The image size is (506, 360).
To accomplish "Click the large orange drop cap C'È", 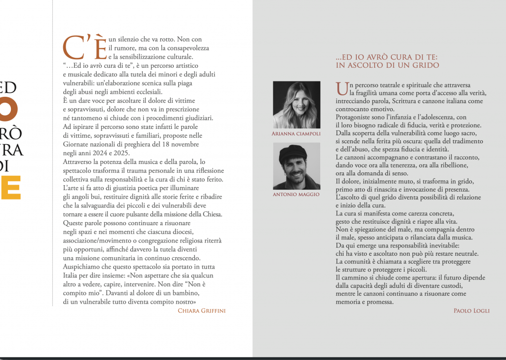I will point(84,47).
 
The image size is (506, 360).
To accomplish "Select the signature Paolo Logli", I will point(471,311).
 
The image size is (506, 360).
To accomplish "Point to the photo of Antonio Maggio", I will point(296,166).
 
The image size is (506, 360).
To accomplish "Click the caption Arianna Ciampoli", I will point(296,134).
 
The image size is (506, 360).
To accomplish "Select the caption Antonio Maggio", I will point(296,195).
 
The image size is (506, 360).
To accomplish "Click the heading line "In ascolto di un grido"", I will point(387,65).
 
